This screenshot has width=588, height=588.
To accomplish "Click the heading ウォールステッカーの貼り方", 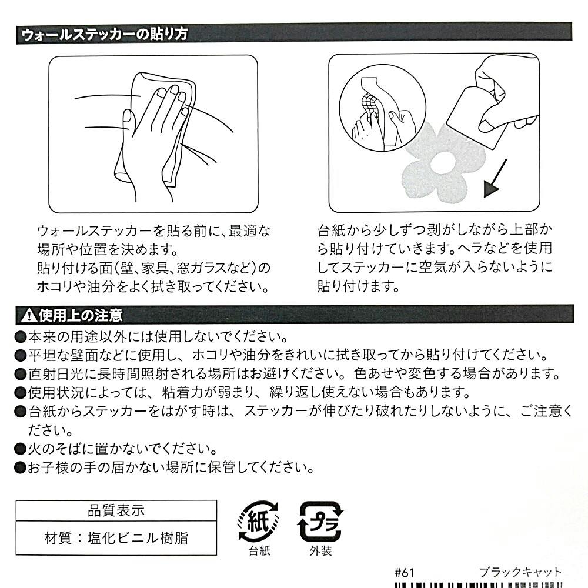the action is point(104,35).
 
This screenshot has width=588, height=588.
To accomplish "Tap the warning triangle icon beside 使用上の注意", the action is point(28,315).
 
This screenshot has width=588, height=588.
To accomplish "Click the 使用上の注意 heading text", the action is point(80,315).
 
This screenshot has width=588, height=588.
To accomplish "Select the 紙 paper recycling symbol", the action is point(258,521).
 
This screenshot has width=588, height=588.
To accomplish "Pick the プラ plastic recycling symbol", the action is point(320,521).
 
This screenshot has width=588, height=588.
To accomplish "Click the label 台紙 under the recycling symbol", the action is point(259,551).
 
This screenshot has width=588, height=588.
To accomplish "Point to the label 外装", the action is point(320,551).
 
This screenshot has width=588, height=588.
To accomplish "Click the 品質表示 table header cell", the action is point(116,510).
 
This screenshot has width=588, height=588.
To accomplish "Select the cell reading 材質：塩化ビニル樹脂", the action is point(116,538).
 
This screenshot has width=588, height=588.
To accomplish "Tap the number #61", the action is point(405,573).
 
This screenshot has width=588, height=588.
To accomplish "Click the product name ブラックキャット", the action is point(520,572).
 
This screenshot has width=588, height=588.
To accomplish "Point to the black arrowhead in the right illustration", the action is point(491,189).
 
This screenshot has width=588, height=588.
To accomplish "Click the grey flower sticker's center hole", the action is point(443,164).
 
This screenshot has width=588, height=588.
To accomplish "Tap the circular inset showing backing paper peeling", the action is point(383,108).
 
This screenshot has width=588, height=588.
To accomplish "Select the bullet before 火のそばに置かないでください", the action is point(20,449).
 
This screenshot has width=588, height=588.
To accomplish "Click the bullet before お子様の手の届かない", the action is point(20,467).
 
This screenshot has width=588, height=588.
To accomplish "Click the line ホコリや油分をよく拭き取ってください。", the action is point(153,287).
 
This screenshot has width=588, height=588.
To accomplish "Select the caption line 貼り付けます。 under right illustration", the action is point(358,286).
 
